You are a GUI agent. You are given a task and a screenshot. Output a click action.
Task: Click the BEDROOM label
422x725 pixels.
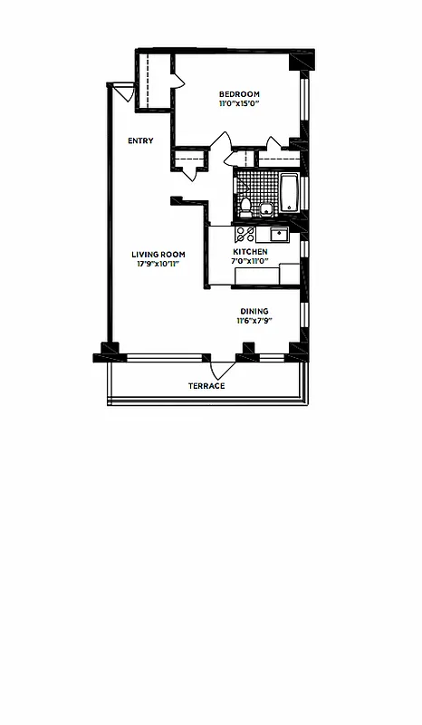(x=239, y=94)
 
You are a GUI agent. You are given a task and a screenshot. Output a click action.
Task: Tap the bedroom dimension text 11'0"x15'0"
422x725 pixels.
(x=239, y=104)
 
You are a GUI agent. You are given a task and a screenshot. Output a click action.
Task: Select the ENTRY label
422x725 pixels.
(x=140, y=140)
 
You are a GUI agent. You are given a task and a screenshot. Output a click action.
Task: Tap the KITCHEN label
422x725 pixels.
(x=250, y=251)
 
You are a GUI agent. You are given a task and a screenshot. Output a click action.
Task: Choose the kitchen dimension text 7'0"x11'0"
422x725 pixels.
(x=250, y=261)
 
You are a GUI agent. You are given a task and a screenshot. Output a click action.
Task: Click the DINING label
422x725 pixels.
(x=254, y=311)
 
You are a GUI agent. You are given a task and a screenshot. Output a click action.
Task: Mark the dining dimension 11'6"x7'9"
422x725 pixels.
(x=254, y=321)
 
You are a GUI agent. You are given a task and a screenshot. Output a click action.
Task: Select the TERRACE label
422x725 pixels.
(x=206, y=386)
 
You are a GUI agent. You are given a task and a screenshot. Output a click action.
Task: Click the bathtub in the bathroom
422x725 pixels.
(x=289, y=193)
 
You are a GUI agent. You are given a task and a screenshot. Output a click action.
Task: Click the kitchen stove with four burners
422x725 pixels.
(x=245, y=235)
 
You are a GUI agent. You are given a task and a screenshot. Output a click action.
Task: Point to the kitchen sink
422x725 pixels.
(x=279, y=235)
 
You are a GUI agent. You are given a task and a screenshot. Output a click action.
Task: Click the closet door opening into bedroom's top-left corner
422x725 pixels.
(x=177, y=82)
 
